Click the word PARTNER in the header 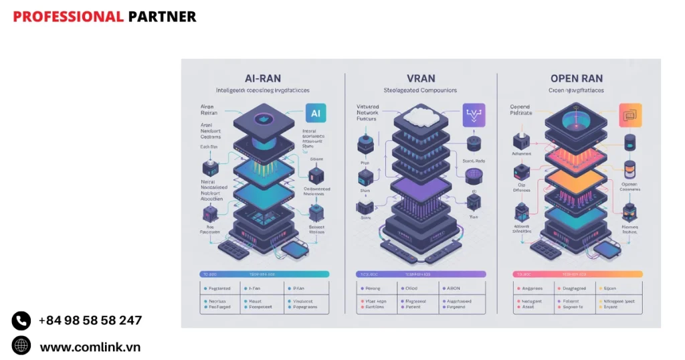point(162,17)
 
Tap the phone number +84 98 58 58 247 point(90,321)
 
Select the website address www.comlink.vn point(90,347)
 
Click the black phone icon point(21,321)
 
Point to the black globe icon point(21,346)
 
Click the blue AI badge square point(315,114)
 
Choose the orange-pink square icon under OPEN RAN point(630,115)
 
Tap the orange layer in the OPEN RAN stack point(577,183)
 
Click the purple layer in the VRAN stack point(419,189)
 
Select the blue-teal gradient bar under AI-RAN point(264,274)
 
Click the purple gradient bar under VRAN point(420,274)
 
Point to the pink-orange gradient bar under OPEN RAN point(577,274)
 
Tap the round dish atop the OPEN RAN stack point(577,121)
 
